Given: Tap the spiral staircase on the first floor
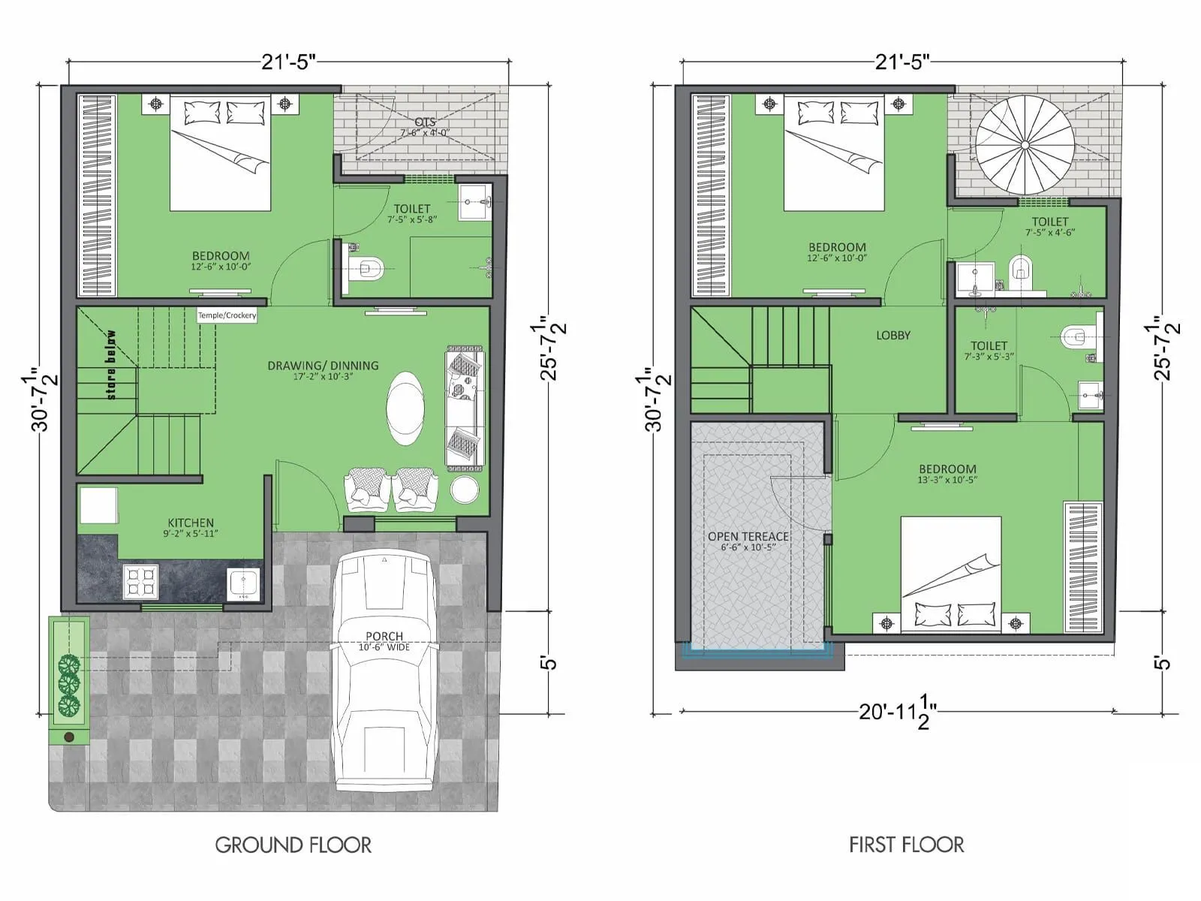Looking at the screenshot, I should point(1025,145).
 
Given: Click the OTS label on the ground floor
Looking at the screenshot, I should point(425,122).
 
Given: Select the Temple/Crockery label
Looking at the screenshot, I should point(227,315).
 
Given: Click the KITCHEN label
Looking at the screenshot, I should point(191,523).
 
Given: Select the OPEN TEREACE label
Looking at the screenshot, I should point(748,536).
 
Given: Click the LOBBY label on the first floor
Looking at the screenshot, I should point(892,336).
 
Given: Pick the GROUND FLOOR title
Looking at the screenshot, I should point(293,845).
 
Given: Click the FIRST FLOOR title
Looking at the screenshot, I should point(906,845).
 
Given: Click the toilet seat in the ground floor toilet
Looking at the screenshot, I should point(367,267).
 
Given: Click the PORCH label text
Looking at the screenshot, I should point(384,636).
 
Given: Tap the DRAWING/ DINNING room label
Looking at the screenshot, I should point(323,366).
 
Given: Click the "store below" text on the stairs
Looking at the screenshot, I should point(112,365).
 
